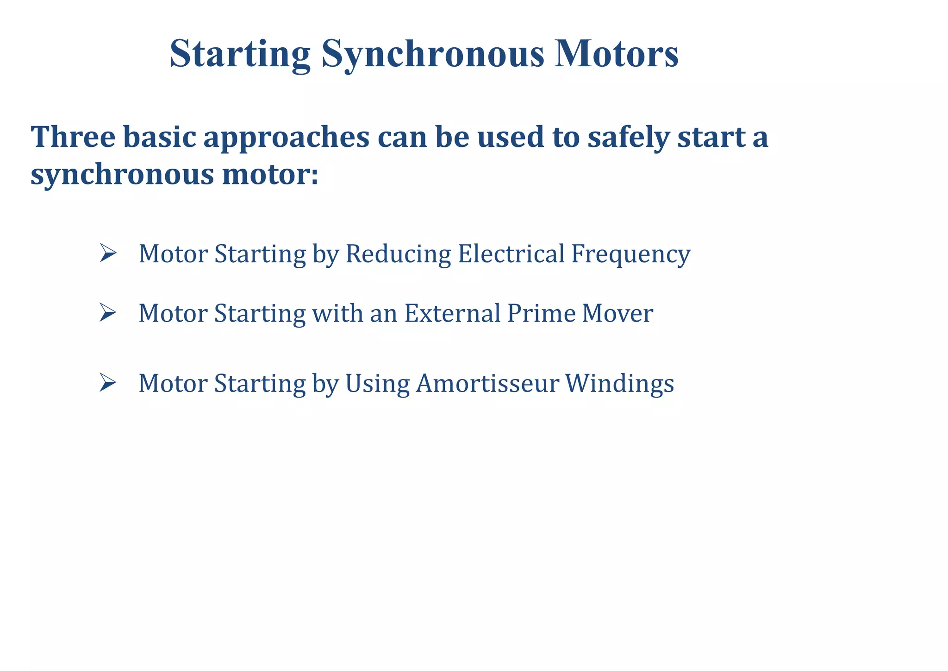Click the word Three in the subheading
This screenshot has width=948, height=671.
pyautogui.click(x=73, y=137)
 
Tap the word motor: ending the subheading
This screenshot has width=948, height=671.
pyautogui.click(x=270, y=175)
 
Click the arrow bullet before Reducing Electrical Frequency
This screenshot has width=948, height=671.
pyautogui.click(x=107, y=253)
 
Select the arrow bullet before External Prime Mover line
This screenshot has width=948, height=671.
pyautogui.click(x=107, y=313)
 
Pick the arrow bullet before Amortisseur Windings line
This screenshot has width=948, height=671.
pyautogui.click(x=107, y=383)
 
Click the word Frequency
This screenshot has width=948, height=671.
pyautogui.click(x=630, y=254)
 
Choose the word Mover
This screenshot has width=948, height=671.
pyautogui.click(x=617, y=313)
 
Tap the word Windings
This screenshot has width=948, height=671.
pyautogui.click(x=619, y=384)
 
